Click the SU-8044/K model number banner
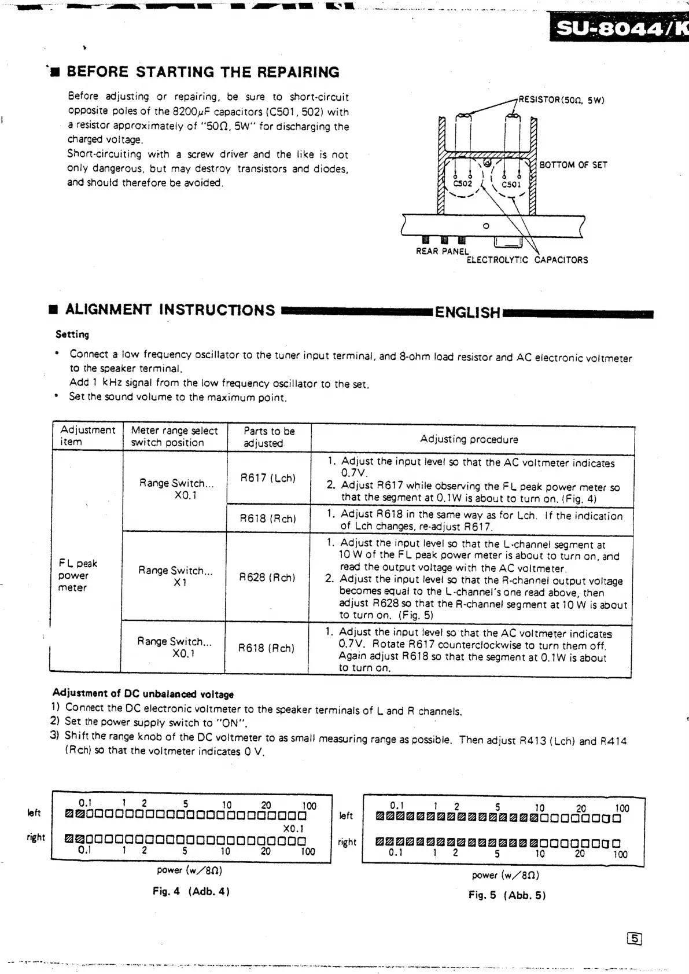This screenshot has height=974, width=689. pos(619,28)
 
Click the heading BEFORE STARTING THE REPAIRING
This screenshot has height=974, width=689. pos(202,72)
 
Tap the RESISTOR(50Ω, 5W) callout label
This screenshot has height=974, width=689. pos(561,100)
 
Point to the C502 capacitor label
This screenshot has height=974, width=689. pos(462,183)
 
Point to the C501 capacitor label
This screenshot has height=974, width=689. pos(511,184)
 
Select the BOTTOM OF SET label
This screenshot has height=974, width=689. pos(573,165)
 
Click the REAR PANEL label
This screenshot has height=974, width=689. pos(442,251)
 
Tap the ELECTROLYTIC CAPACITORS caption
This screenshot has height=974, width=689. pos(526,260)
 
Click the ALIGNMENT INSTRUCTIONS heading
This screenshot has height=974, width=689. pos(170,310)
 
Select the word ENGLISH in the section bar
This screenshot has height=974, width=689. pos(467,313)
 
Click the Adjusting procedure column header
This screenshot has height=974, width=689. pos(469,439)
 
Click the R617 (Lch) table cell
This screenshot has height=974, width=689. pos(268,478)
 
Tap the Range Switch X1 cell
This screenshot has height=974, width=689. pos(175,576)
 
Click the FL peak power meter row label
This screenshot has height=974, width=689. pos(78,575)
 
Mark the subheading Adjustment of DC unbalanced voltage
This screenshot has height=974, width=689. pos(143,693)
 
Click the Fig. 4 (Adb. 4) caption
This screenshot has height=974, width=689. pos(191,891)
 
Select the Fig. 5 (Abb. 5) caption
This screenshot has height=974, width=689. pos(507,895)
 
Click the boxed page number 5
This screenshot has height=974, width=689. pos(635,939)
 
